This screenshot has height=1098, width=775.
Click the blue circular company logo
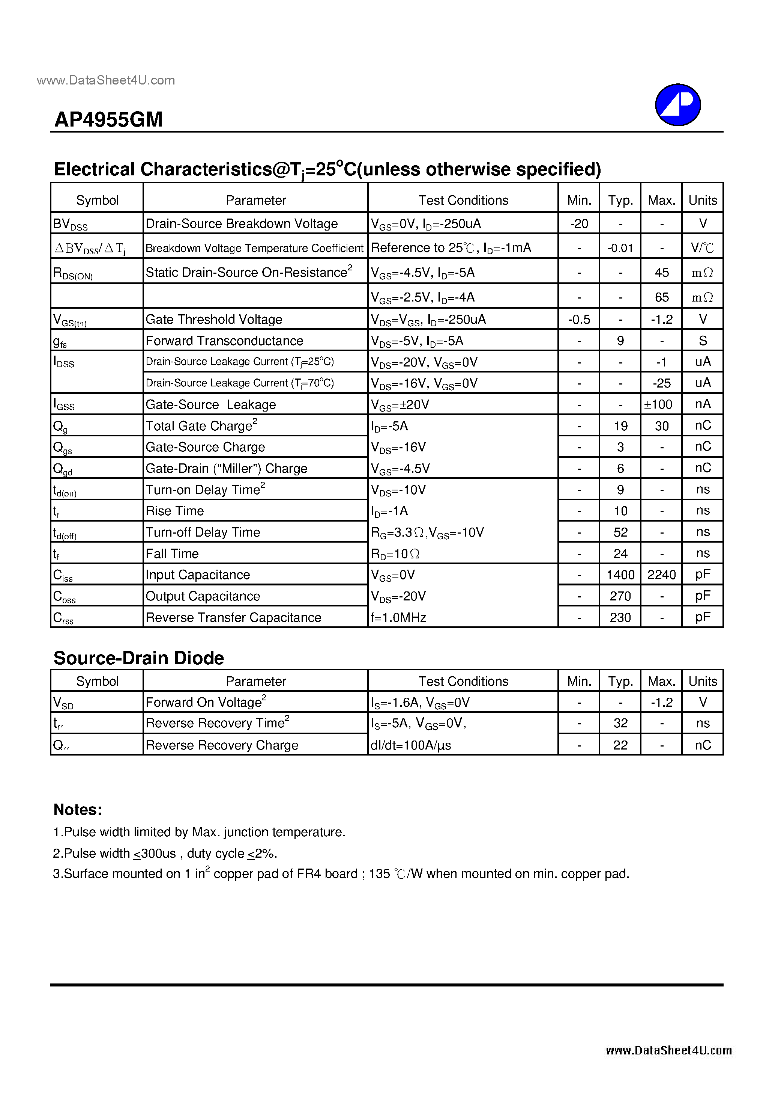pos(677,105)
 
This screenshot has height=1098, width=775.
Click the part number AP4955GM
pos(108,119)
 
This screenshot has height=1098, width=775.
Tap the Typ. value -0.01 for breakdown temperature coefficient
pos(620,248)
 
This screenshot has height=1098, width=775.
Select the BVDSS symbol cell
pos(70,224)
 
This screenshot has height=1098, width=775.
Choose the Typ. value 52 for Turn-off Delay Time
pos(620,532)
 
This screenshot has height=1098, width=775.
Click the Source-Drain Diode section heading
pos(138,658)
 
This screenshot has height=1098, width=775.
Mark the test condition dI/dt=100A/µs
pos(411,745)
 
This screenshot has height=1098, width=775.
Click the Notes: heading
pos(77,810)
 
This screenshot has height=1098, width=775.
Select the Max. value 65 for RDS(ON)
pos(661,297)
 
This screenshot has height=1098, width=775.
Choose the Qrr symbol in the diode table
pos(61,745)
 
